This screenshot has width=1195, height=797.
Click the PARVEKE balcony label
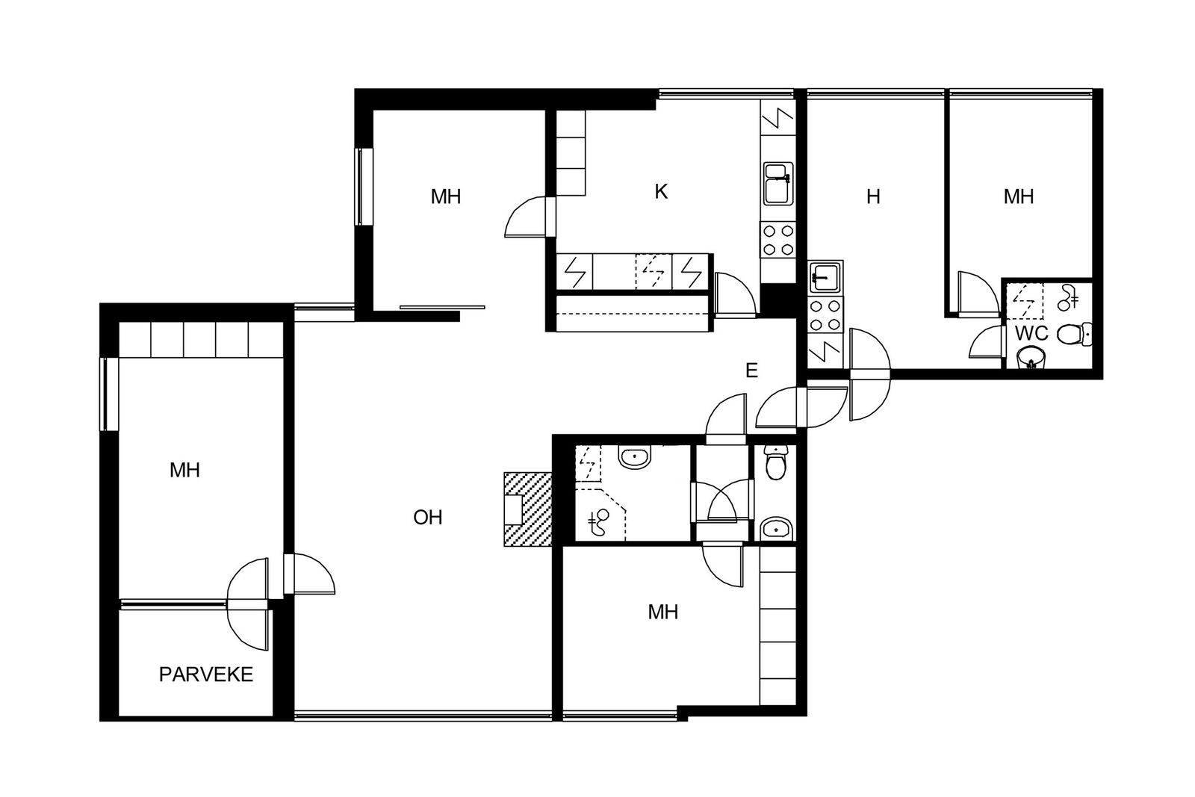[206, 674]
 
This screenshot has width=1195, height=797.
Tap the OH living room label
[428, 517]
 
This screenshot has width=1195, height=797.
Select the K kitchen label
[661, 191]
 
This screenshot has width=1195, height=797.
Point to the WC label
[1031, 333]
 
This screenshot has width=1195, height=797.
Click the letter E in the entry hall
[751, 370]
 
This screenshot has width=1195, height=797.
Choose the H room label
[873, 197]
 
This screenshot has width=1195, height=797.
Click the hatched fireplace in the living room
[527, 509]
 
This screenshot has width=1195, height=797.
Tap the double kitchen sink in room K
[778, 184]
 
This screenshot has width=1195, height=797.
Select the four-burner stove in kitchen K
[777, 240]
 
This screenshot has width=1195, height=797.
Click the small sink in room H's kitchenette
[825, 277]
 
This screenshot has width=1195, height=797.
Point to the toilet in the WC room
[1074, 335]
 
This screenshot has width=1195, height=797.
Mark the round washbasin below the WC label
[1031, 358]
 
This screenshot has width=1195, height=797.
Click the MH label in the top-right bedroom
[1019, 197]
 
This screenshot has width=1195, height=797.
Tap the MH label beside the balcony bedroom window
[184, 470]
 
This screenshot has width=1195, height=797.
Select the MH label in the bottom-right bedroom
[663, 612]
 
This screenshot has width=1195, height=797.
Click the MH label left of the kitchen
[446, 197]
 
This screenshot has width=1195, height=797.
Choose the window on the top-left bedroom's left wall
[364, 187]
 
